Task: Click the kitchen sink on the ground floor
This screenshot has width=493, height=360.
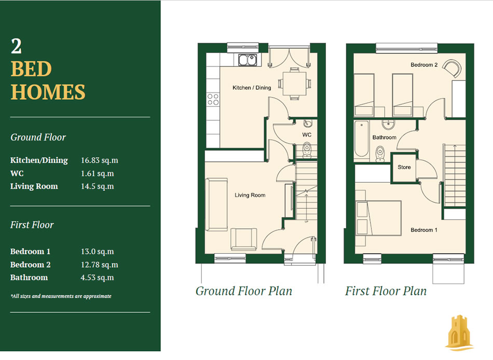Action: coord(248,60)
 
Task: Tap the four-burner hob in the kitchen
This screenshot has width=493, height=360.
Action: coord(213,100)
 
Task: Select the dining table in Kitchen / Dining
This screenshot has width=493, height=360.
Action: coord(294,84)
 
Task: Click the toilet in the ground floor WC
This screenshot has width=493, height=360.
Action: coord(307,150)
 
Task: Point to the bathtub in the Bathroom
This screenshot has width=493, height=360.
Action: coord(361,139)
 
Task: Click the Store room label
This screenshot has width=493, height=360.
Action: coord(404,167)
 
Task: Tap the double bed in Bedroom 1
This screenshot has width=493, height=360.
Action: coord(378,218)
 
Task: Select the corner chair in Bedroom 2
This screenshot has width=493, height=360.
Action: coord(452,68)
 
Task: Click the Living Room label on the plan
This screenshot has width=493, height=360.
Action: coord(250,195)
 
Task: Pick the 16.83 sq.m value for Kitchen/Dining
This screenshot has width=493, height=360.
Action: coord(99,160)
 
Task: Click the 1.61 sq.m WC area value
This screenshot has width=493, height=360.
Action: coord(97,174)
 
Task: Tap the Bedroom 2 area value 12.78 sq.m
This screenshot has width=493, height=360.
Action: coord(99,265)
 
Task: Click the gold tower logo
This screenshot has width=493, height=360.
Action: coord(459,333)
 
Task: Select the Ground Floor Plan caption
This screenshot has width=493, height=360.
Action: coord(244,291)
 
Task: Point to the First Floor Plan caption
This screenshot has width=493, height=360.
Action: coord(386,291)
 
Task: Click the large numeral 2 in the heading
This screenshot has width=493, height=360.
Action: coord(17,46)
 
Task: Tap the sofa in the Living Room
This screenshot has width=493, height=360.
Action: coord(216,205)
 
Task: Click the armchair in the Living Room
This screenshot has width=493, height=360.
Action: coord(244,240)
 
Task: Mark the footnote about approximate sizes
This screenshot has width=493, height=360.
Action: coord(61,296)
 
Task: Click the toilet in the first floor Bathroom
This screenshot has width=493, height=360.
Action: coord(380,154)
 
